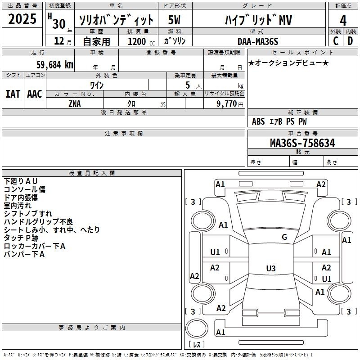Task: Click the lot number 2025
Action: [x=22, y=19]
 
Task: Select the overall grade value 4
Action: [x=343, y=21]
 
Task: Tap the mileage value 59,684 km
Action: [x=55, y=65]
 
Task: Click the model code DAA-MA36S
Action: [x=258, y=41]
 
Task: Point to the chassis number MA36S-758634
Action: [x=302, y=143]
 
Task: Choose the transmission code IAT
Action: [x=13, y=94]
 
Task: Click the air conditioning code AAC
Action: [x=35, y=94]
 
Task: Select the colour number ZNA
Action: [x=75, y=104]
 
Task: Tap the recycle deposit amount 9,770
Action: [x=227, y=103]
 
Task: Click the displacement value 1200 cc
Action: [x=141, y=41]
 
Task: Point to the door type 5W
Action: [x=174, y=20]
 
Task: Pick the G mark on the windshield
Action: [x=284, y=237]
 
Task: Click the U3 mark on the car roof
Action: [x=271, y=268]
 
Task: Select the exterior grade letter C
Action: [x=336, y=41]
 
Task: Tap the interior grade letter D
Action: [x=350, y=41]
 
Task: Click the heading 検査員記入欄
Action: [x=92, y=173]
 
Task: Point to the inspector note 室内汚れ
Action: [x=18, y=206]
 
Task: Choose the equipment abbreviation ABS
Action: [x=258, y=121]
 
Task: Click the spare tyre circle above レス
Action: [x=197, y=328]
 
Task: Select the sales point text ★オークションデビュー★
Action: [x=288, y=63]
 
